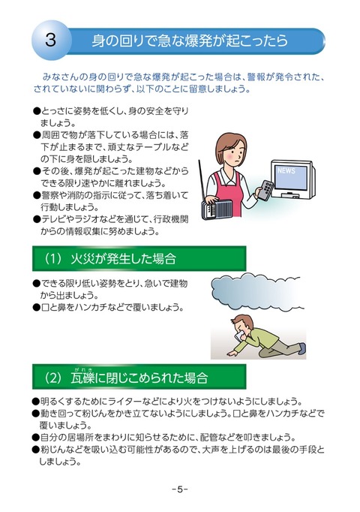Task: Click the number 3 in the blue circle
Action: pos(50,40)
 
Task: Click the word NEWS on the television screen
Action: pos(286,170)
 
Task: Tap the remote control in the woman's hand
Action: pos(265,190)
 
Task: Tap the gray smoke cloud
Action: pos(256,291)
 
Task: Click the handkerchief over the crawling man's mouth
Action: pos(241,335)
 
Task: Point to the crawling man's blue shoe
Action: pos(302,348)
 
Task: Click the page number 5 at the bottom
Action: pos(180,489)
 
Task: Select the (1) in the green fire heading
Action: pos(52,259)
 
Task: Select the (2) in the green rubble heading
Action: pos(52,378)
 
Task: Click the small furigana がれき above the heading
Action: pos(82,369)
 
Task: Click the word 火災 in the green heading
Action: pos(82,259)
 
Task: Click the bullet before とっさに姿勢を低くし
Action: pos(36,111)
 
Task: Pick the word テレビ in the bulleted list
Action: pos(53,219)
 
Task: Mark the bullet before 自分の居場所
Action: pos(36,438)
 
